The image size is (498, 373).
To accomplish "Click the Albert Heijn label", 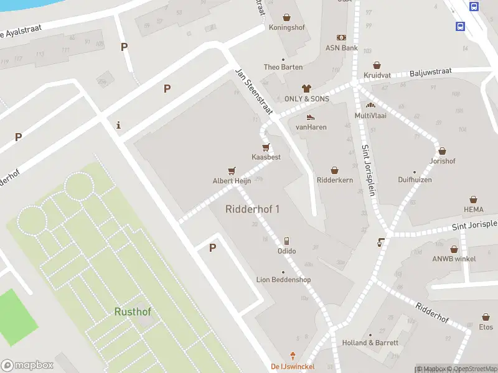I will point(232,181).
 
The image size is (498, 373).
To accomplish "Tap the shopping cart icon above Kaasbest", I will point(266,147).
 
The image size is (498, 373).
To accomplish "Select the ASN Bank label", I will point(341,48).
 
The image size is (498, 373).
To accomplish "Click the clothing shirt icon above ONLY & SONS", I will point(306,88).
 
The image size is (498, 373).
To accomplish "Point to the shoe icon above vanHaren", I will point(311,117).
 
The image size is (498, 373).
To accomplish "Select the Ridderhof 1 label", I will point(252,209).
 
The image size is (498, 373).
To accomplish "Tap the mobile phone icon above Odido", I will point(286,241).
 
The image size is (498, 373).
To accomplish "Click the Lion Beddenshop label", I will point(283,280).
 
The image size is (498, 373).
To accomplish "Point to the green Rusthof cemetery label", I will point(133,311).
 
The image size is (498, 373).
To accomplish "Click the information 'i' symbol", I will point(118,126).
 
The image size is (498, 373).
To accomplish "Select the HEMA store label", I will point(473,210).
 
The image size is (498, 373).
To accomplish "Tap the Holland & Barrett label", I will point(370,343).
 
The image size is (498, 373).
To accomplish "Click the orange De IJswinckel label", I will point(292,366).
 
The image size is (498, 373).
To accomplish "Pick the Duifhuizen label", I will point(415,180).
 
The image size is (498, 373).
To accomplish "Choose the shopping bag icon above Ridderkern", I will point(334,170).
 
